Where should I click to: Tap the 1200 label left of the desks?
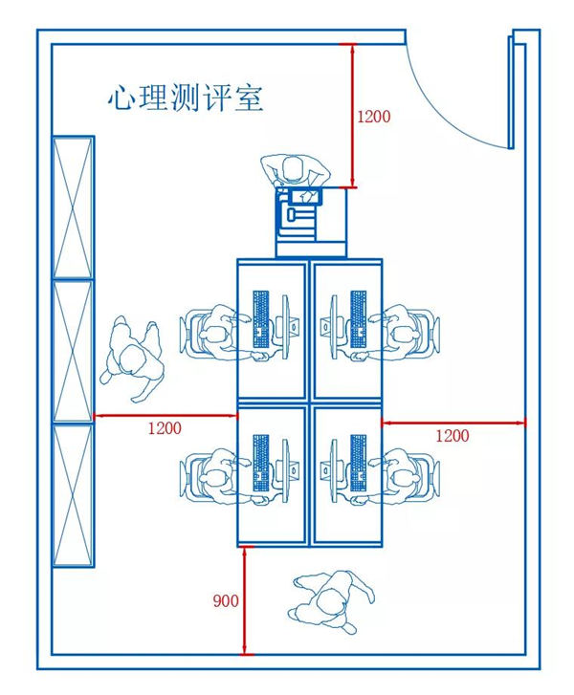164,428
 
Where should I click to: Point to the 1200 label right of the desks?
453,435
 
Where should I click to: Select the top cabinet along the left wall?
73,207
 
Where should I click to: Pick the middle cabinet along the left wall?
73,351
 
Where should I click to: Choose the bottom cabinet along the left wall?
73,494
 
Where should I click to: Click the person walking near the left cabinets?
134,358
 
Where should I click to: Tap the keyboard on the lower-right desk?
359,463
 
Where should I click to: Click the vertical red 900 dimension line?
246,600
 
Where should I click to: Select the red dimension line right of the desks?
453,419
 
